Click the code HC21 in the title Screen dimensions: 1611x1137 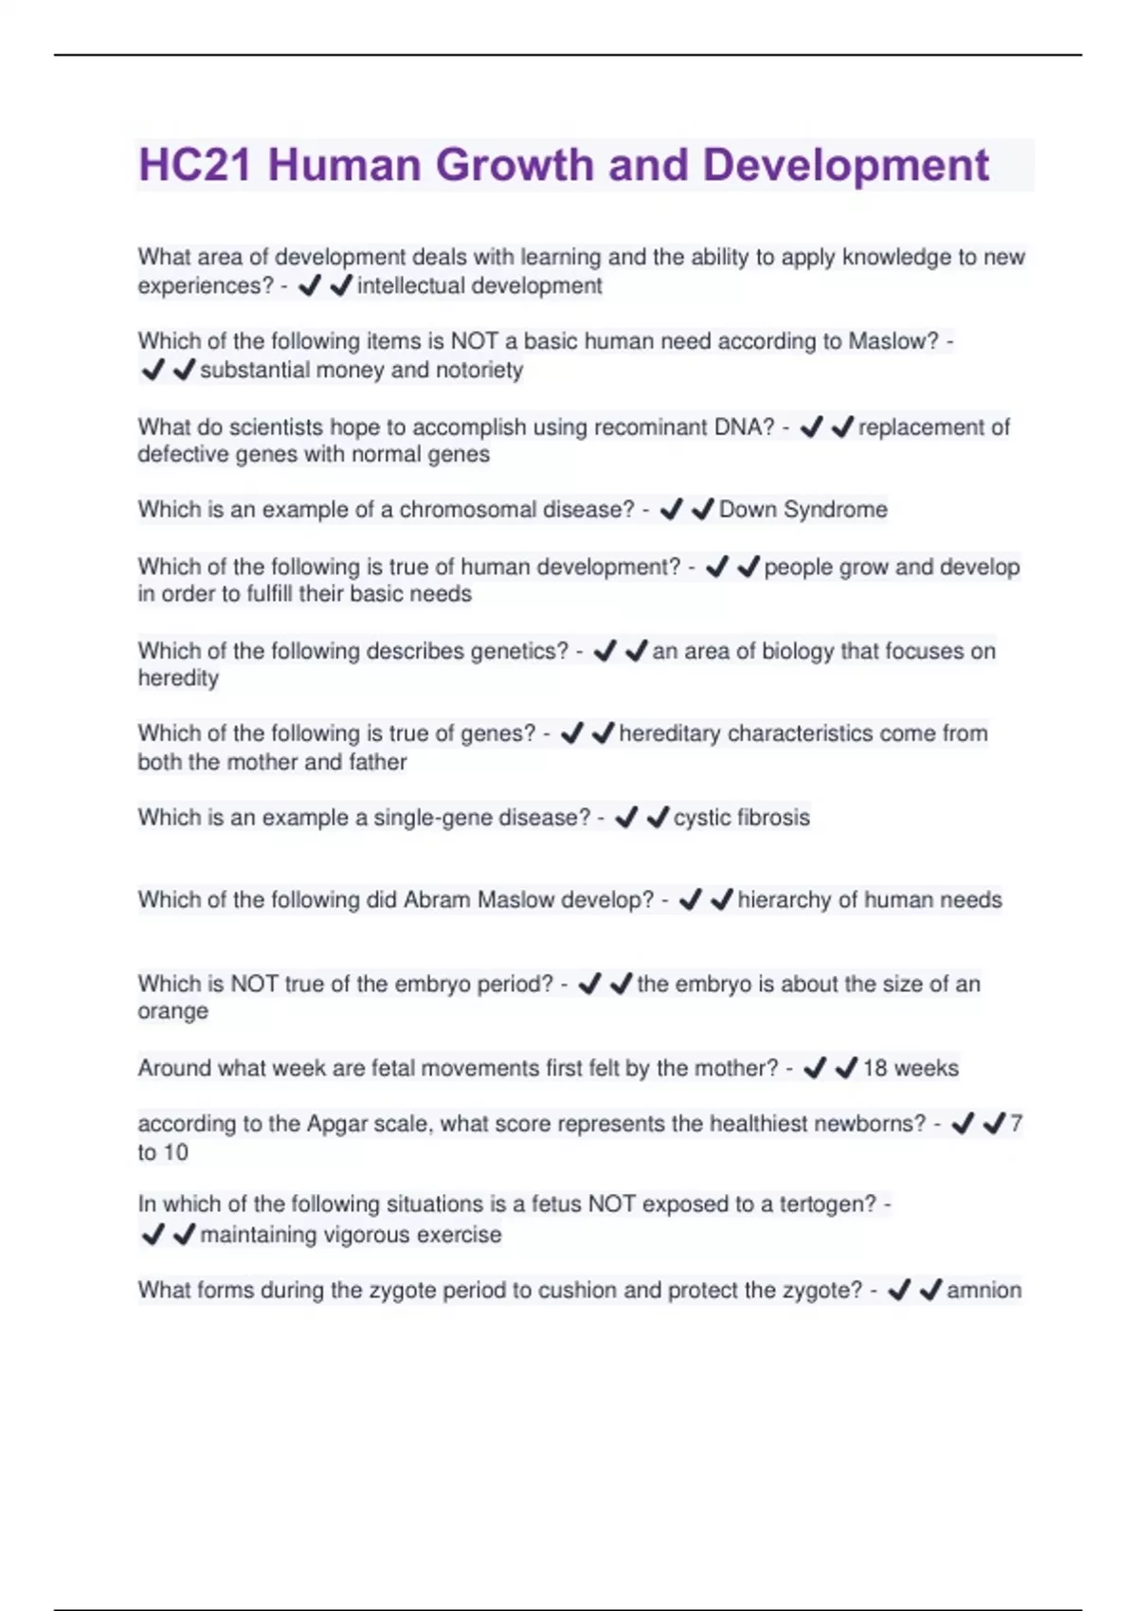click(x=194, y=165)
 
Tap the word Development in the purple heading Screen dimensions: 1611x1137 click(x=845, y=165)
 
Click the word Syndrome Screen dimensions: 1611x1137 click(x=835, y=510)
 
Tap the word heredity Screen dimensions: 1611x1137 click(x=178, y=679)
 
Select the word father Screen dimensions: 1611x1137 click(x=378, y=762)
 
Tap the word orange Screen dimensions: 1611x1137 click(x=172, y=1011)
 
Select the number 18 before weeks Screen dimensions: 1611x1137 click(x=875, y=1068)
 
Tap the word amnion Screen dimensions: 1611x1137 click(x=984, y=1290)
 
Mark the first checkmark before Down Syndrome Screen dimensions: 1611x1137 click(x=672, y=510)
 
